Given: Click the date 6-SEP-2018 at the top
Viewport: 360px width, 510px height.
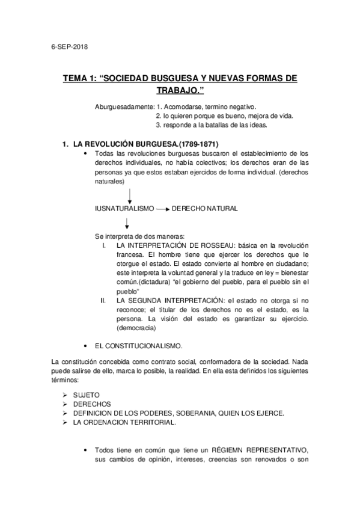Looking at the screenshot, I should (70, 47).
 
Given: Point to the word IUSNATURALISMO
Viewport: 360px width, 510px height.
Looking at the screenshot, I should (123, 209).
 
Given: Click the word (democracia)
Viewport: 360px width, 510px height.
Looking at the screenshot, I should (136, 328).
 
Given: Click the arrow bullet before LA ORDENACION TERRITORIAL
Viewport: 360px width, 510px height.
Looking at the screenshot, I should (64, 423).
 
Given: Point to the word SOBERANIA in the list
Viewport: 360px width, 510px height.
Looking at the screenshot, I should (212, 414).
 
